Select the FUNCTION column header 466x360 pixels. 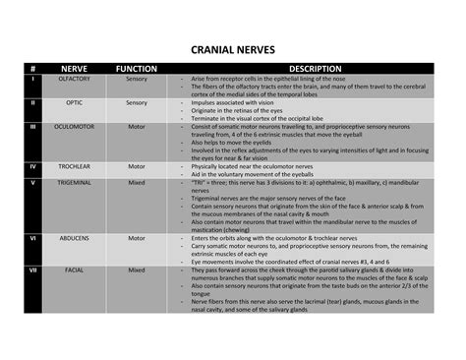(x=137, y=69)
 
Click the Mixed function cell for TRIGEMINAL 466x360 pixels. (x=137, y=183)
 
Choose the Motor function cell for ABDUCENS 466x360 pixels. (x=137, y=238)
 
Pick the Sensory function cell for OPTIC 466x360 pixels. (x=137, y=102)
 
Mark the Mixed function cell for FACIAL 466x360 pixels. (x=137, y=270)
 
